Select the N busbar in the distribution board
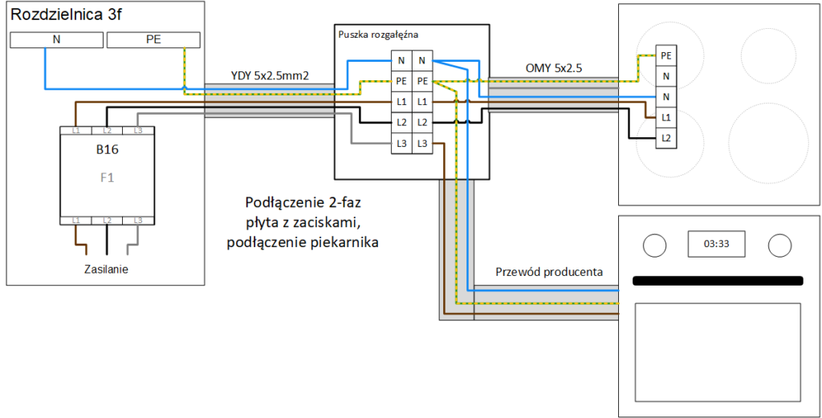click(x=55, y=39)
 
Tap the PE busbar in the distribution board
click(x=153, y=39)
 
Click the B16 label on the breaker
click(x=107, y=149)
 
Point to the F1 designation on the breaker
click(x=107, y=177)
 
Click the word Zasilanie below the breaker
click(x=106, y=269)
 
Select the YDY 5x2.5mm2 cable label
click(x=270, y=76)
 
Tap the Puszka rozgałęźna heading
click(x=378, y=34)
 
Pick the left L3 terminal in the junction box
click(x=401, y=144)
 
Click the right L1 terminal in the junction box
click(x=422, y=102)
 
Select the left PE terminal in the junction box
click(x=401, y=81)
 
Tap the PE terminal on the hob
click(x=665, y=55)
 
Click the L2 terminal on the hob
click(x=665, y=138)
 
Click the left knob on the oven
click(x=655, y=245)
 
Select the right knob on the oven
click(x=779, y=245)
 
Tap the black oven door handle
click(x=718, y=281)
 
